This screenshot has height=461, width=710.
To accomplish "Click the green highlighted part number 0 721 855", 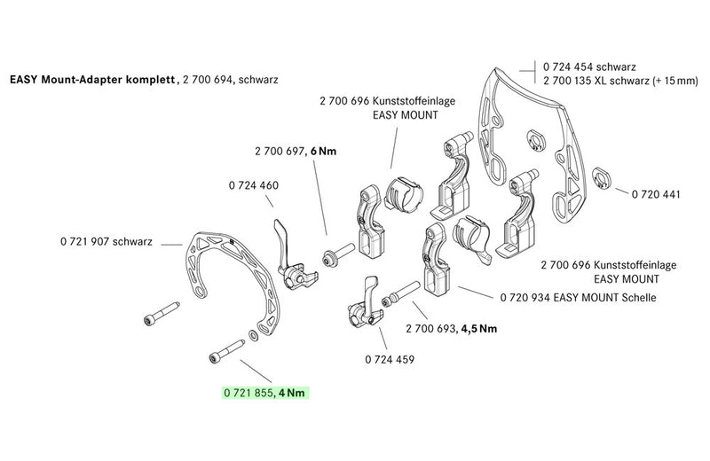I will (x=248, y=392).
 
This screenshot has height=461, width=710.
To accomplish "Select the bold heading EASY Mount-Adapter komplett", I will (x=93, y=79).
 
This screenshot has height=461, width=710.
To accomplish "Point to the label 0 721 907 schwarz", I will (x=108, y=241).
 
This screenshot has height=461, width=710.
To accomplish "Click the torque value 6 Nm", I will (x=322, y=152).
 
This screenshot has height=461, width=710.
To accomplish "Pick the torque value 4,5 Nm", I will (x=478, y=328).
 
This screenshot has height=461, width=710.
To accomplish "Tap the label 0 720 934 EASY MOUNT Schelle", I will (x=578, y=298).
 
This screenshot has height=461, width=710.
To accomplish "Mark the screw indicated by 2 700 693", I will (x=401, y=293).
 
